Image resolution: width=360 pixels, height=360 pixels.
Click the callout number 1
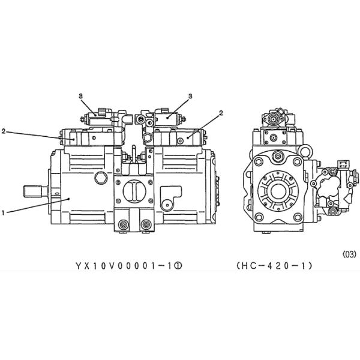5,212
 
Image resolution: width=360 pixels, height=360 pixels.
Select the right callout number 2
221,113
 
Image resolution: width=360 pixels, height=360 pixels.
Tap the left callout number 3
80,95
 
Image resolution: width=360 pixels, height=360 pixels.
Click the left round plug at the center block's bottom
124,226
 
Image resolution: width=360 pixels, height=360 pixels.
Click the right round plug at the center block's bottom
144,226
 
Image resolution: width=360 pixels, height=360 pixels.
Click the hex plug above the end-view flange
277,157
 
